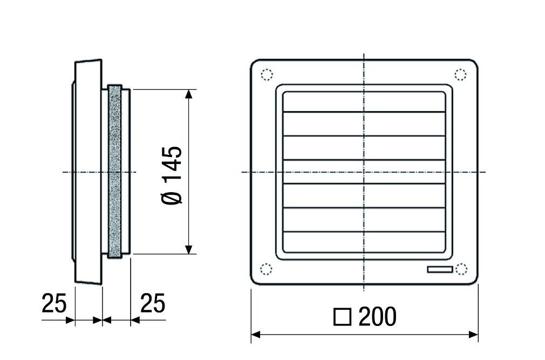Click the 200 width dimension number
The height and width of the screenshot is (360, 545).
pyautogui.click(x=377, y=317)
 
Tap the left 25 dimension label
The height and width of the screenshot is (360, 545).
pyautogui.click(x=54, y=304)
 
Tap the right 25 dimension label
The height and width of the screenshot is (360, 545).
pyautogui.click(x=153, y=304)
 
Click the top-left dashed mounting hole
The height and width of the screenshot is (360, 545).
pyautogui.click(x=267, y=75)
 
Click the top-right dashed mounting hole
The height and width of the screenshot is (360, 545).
pyautogui.click(x=460, y=74)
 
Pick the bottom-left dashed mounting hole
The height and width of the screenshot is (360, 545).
pyautogui.click(x=267, y=269)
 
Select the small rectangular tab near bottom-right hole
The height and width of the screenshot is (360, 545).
pyautogui.click(x=439, y=269)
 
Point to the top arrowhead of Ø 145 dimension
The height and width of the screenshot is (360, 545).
pyautogui.click(x=188, y=94)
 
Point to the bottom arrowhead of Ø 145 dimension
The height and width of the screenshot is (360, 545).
pyautogui.click(x=188, y=249)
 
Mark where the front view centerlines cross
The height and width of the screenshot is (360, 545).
pyautogui.click(x=364, y=172)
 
